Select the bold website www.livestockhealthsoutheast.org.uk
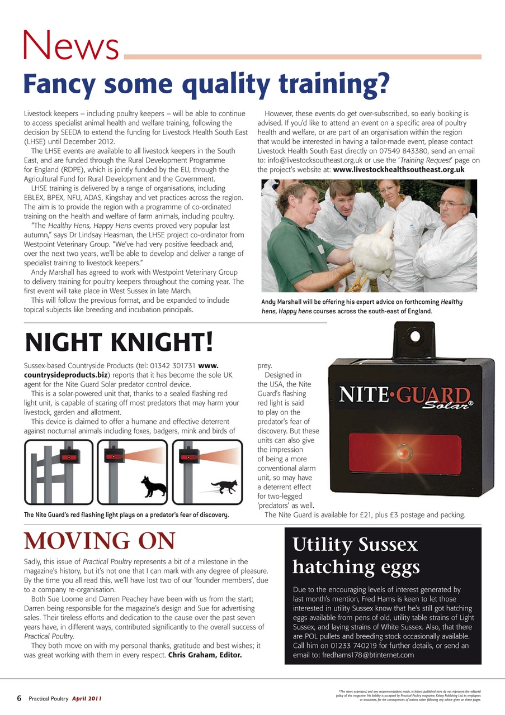[399, 169]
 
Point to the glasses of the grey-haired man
[452, 204]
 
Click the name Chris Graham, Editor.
[205, 655]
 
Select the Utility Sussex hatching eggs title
[356, 555]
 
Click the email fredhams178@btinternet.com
[367, 655]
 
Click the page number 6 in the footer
[19, 698]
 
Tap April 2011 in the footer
[87, 699]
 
